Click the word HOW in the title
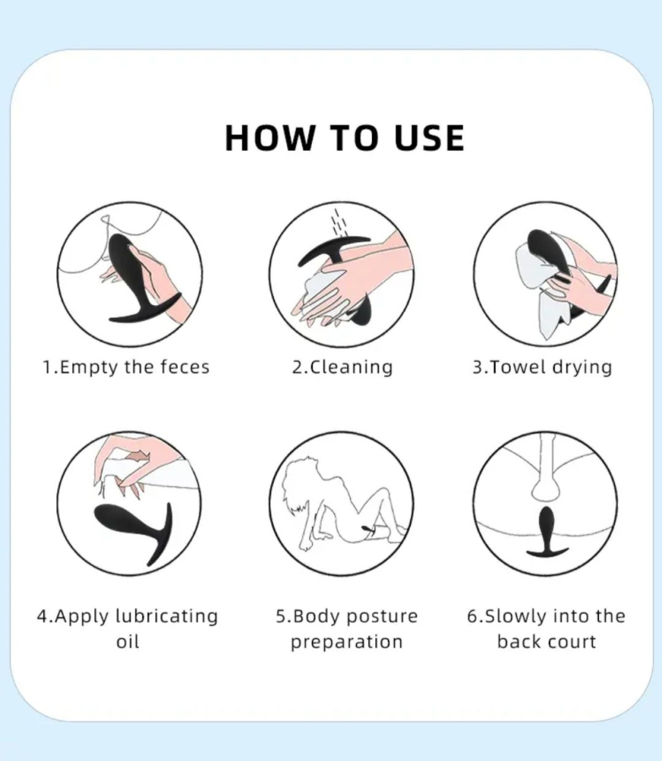tap(269, 138)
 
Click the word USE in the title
tap(429, 138)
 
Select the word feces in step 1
tap(185, 367)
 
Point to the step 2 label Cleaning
tap(351, 368)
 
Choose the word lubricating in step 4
tap(167, 616)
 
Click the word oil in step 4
tap(128, 642)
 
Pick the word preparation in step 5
tap(346, 642)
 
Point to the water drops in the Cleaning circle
tap(339, 221)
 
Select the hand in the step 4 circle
tap(129, 463)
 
